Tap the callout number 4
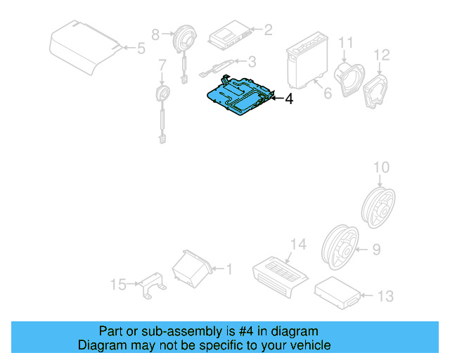click(288, 100)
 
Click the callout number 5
click(141, 49)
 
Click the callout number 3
click(252, 62)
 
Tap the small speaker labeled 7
click(162, 94)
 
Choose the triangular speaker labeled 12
click(378, 88)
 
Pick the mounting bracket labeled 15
click(152, 285)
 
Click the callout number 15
click(119, 285)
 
